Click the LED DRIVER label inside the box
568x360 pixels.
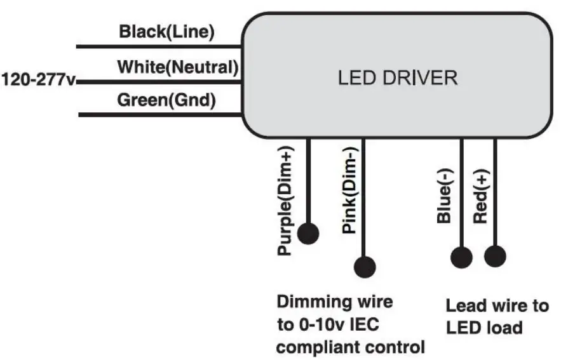tap(397, 78)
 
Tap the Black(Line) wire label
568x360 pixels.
tap(167, 32)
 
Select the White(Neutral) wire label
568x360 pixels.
tap(177, 66)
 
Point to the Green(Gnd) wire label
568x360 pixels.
tap(166, 100)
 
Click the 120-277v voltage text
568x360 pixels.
tap(38, 81)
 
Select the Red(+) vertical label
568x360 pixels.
tap(480, 197)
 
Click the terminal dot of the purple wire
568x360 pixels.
tap(308, 234)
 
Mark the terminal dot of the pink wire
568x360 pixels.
tap(365, 266)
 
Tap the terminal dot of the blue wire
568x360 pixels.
tap(461, 257)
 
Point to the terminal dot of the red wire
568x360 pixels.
tap(495, 257)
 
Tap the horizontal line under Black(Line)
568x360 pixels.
tap(159, 47)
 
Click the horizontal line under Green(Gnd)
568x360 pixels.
tap(159, 115)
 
